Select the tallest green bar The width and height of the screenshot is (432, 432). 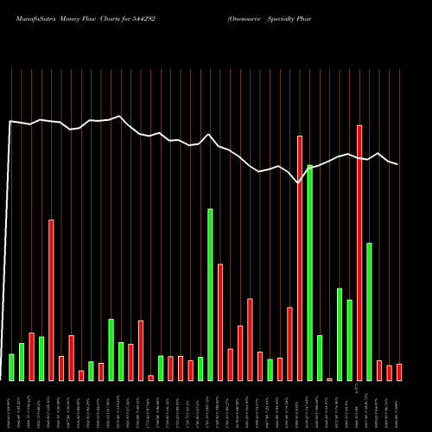point(309,272)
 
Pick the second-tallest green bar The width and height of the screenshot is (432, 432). point(210,294)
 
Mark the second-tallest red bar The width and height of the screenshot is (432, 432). point(300,257)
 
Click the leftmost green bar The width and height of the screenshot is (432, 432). point(11,367)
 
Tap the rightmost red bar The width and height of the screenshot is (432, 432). point(398,372)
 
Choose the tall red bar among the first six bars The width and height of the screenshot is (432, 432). point(51,300)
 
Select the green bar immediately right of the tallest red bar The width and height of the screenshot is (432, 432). point(369,311)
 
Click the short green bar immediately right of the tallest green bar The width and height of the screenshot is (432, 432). point(320,358)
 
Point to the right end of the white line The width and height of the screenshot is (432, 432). point(397,164)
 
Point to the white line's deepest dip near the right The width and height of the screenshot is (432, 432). point(299,183)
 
